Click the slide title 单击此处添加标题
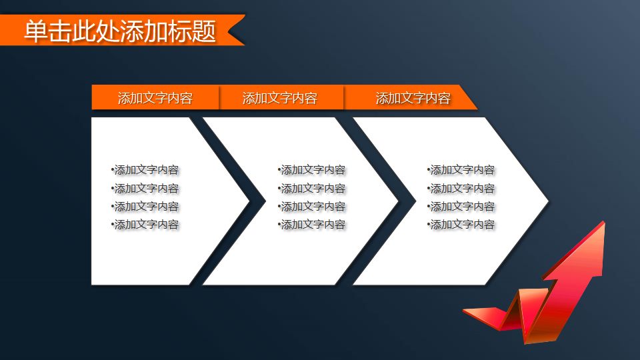tap(120, 31)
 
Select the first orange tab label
tap(155, 98)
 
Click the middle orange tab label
tap(279, 98)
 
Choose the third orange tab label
tap(413, 98)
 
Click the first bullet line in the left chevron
tap(146, 170)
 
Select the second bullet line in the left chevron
tap(146, 189)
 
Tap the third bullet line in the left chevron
tap(146, 207)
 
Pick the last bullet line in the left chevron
tap(146, 225)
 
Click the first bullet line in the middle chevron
tap(312, 170)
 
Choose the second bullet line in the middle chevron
tap(312, 189)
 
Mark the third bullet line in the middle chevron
tap(312, 207)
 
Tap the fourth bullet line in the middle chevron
tap(312, 225)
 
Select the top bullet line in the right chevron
tap(461, 170)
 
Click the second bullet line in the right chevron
tap(461, 189)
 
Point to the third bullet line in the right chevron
tap(461, 207)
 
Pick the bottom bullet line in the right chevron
tap(461, 225)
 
